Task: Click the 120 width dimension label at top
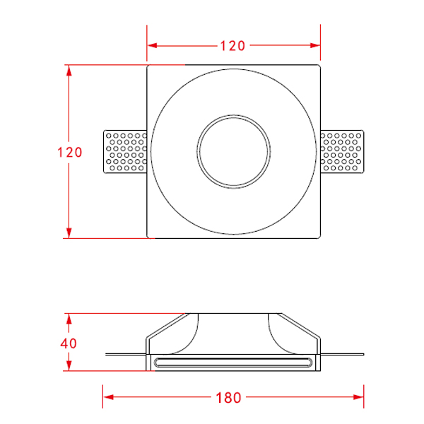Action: tap(232, 46)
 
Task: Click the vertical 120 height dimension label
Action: tap(70, 152)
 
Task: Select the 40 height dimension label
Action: tap(69, 343)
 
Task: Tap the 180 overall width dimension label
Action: tap(228, 397)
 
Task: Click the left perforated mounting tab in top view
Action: tap(125, 151)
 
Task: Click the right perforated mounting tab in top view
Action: tap(342, 151)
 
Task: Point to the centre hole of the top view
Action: tap(234, 151)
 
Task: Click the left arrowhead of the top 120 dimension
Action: tap(152, 45)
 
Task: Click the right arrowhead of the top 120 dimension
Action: tap(315, 45)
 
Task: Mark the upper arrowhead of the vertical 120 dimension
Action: tap(69, 70)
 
